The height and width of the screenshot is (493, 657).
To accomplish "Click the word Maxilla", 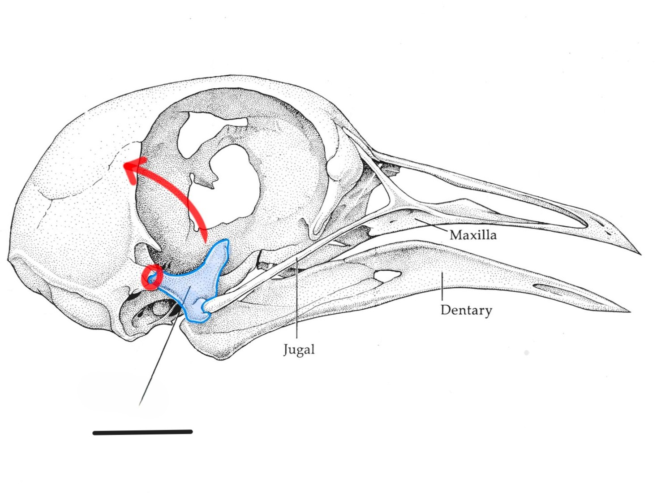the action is point(473,235).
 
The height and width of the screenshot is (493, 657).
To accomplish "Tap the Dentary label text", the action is point(466,310).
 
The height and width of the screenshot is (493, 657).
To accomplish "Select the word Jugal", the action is point(299,349).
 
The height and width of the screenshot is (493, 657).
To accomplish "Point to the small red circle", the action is point(151,277).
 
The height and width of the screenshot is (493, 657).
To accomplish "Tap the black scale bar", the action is point(142,432).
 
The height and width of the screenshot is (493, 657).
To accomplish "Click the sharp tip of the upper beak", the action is point(639,253).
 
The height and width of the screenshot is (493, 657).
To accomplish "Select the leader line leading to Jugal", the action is point(297,300).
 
